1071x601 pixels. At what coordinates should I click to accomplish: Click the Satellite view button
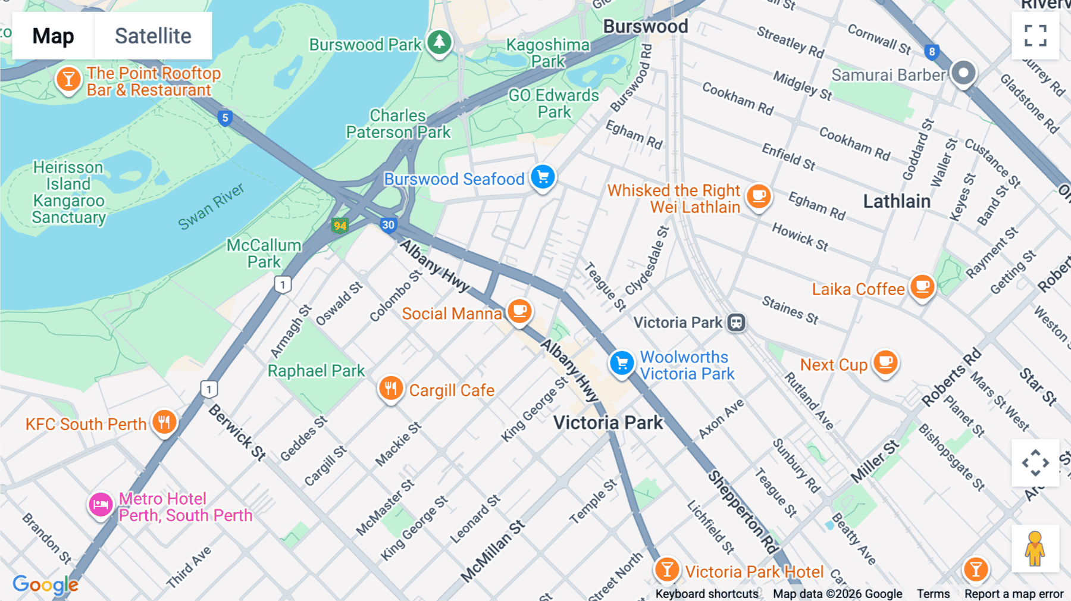(153, 36)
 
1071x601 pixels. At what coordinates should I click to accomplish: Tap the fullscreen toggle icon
(1035, 36)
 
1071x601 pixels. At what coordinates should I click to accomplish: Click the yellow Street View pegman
(1035, 549)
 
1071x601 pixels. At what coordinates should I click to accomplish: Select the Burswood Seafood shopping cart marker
(543, 177)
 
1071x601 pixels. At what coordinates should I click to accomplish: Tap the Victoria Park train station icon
(737, 323)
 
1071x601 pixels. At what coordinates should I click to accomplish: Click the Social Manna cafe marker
(519, 311)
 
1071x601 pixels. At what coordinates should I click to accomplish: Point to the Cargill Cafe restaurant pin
(391, 389)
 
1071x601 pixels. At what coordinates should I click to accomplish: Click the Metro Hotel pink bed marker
(101, 505)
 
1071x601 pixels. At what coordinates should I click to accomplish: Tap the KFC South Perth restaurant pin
(164, 422)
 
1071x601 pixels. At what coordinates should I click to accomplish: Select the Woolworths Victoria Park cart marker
(622, 362)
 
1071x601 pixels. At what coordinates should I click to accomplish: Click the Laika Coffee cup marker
(922, 287)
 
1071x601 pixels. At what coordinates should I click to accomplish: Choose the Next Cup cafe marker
(885, 362)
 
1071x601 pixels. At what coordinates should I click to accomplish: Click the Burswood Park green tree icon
(439, 42)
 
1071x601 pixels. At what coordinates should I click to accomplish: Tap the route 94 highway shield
(340, 226)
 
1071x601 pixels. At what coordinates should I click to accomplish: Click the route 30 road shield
(388, 225)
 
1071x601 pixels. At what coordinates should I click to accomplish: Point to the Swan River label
(211, 206)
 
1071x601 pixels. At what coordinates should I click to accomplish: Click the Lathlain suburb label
(897, 201)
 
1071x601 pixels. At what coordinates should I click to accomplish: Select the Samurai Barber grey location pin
(963, 73)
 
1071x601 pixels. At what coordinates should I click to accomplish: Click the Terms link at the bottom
(933, 594)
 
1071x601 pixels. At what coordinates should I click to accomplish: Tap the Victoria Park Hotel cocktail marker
(667, 569)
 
